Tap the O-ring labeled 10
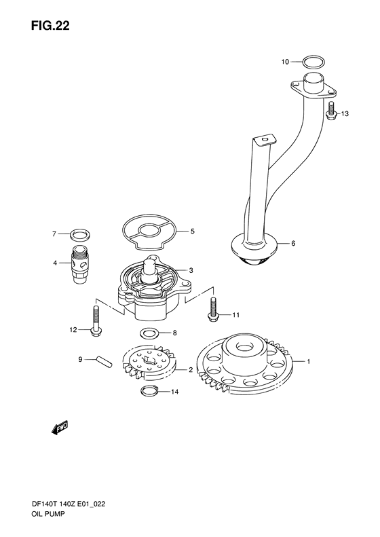(313, 62)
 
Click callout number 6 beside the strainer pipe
(293, 243)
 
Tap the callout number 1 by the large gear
(308, 362)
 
